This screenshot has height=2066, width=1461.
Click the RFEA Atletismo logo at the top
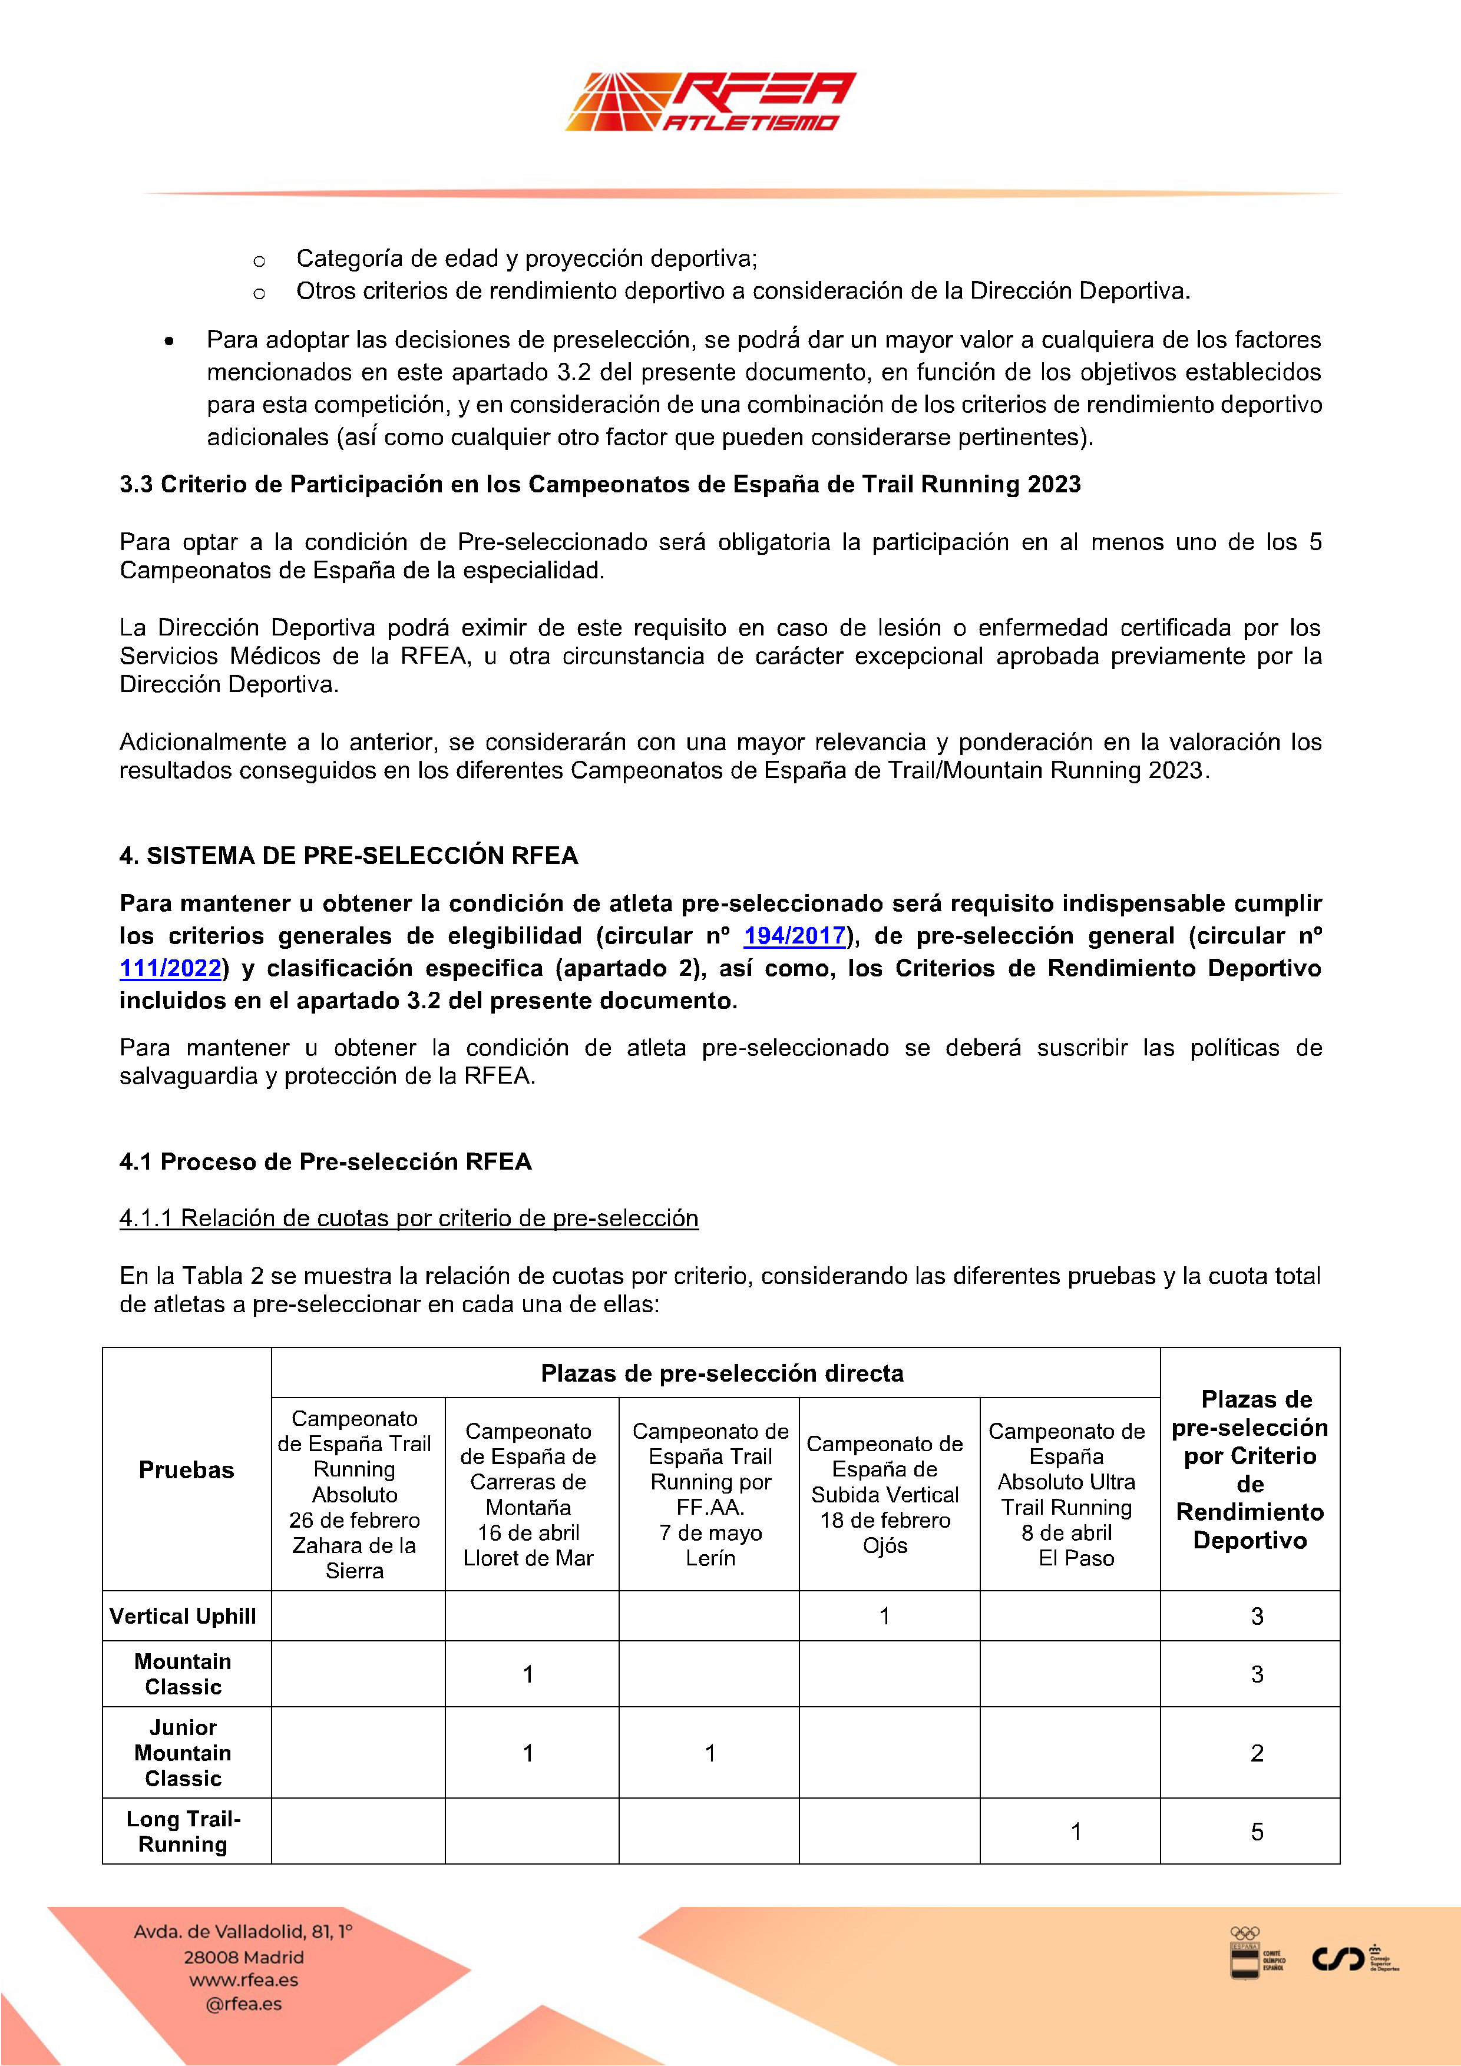[710, 102]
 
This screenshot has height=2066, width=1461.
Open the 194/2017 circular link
[794, 936]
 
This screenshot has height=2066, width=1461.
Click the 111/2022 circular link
[170, 968]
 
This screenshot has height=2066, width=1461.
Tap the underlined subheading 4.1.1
[409, 1219]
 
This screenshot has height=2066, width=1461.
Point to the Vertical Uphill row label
[183, 1616]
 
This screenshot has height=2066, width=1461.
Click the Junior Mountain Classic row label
[184, 1753]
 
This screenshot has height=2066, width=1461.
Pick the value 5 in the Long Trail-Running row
[1257, 1832]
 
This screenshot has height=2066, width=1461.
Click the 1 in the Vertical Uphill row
[884, 1616]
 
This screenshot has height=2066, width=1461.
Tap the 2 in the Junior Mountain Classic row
[1257, 1753]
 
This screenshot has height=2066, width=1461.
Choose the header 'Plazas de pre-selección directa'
[722, 1373]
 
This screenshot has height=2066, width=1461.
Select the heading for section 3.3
[600, 485]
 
